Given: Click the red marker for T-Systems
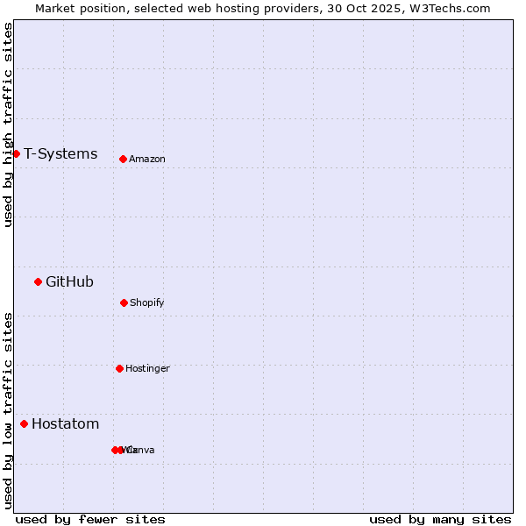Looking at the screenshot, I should pos(16,153).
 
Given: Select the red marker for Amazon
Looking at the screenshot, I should pos(123,159).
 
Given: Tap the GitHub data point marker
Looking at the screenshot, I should pos(38,281).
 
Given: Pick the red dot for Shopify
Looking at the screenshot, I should pos(124,302).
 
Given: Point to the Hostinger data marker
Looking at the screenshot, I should pos(119,368).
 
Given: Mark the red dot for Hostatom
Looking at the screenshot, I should pos(24,424).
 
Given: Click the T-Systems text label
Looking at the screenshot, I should pos(60,154).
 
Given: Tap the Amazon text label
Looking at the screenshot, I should pos(147,160).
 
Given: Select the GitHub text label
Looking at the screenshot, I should pos(69,282).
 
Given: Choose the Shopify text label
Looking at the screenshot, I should pos(147,303).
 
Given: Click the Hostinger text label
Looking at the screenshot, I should pos(147,369).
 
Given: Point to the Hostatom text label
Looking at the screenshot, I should pos(65,424).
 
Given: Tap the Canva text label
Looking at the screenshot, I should pos(142,451).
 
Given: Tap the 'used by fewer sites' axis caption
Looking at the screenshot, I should pos(90,519).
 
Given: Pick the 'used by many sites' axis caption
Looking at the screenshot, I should pos(440,519).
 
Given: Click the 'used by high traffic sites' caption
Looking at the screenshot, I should pos(8,124).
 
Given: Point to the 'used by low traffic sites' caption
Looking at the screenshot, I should pos(8,410).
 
